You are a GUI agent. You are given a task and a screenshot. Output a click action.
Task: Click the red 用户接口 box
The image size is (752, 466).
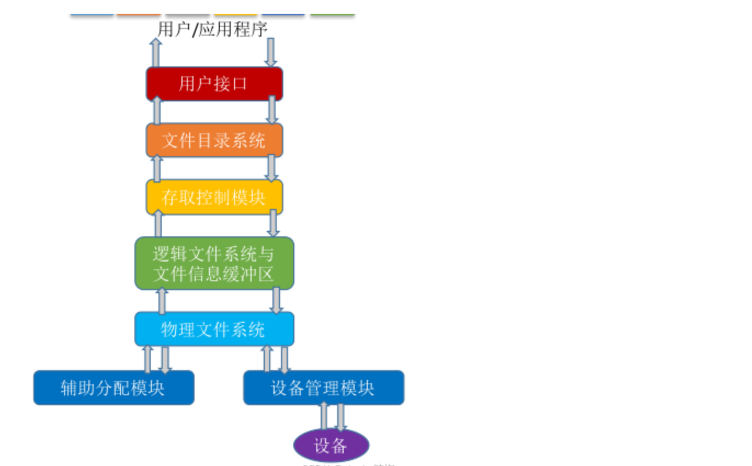tap(214, 84)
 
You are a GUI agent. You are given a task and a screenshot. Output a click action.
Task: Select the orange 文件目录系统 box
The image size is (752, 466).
tap(214, 140)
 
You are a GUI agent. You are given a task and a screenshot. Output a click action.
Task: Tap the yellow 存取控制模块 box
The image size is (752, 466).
tap(214, 197)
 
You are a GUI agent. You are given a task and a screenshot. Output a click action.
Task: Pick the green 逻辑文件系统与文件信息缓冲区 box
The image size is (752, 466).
tap(214, 263)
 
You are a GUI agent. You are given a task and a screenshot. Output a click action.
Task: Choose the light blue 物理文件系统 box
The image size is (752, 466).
tap(214, 329)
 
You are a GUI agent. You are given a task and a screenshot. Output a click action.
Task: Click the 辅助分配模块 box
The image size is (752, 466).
tap(113, 388)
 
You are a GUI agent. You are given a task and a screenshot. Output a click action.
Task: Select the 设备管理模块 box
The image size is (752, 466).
tap(323, 388)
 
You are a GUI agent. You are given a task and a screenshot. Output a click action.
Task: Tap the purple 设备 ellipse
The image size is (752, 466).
tap(331, 445)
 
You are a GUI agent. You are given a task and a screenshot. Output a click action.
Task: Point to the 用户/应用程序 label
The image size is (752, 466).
tap(213, 29)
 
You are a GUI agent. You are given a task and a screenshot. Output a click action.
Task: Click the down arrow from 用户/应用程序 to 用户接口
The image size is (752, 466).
tap(271, 53)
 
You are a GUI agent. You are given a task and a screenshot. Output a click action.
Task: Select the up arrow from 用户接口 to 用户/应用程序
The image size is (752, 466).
tap(156, 53)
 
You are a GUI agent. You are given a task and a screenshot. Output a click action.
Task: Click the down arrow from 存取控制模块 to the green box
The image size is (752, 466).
tap(273, 224)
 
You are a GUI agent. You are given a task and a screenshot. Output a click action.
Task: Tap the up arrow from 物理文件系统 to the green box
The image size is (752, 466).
tap(162, 301)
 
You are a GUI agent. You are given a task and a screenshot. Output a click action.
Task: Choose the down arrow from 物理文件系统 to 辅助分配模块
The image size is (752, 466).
tap(165, 360)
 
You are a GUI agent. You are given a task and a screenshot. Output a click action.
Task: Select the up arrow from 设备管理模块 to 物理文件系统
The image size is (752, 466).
tap(267, 359)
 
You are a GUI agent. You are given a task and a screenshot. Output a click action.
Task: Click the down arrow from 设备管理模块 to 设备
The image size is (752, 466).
tap(341, 417)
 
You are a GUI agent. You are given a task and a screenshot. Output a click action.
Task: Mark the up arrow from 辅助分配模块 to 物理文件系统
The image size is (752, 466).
tap(147, 359)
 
